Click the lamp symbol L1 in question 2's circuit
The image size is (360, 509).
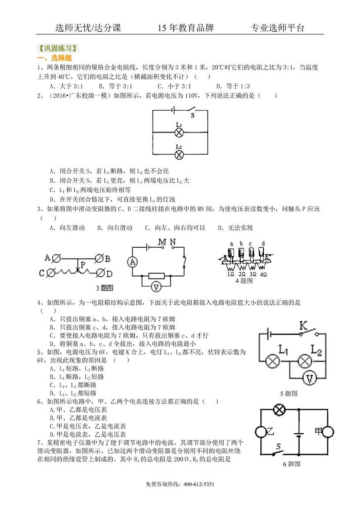coord(179,132)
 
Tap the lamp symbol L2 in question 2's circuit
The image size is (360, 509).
coord(179,154)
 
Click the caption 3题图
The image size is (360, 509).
coord(105,288)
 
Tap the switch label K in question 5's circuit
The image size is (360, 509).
coord(303,325)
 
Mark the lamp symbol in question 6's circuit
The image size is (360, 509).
coord(279,409)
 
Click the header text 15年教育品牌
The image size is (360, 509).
coord(185,28)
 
